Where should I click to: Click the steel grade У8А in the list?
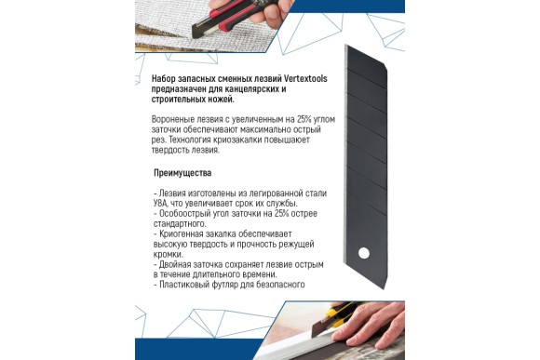[163, 203]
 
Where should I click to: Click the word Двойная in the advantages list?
[176, 264]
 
